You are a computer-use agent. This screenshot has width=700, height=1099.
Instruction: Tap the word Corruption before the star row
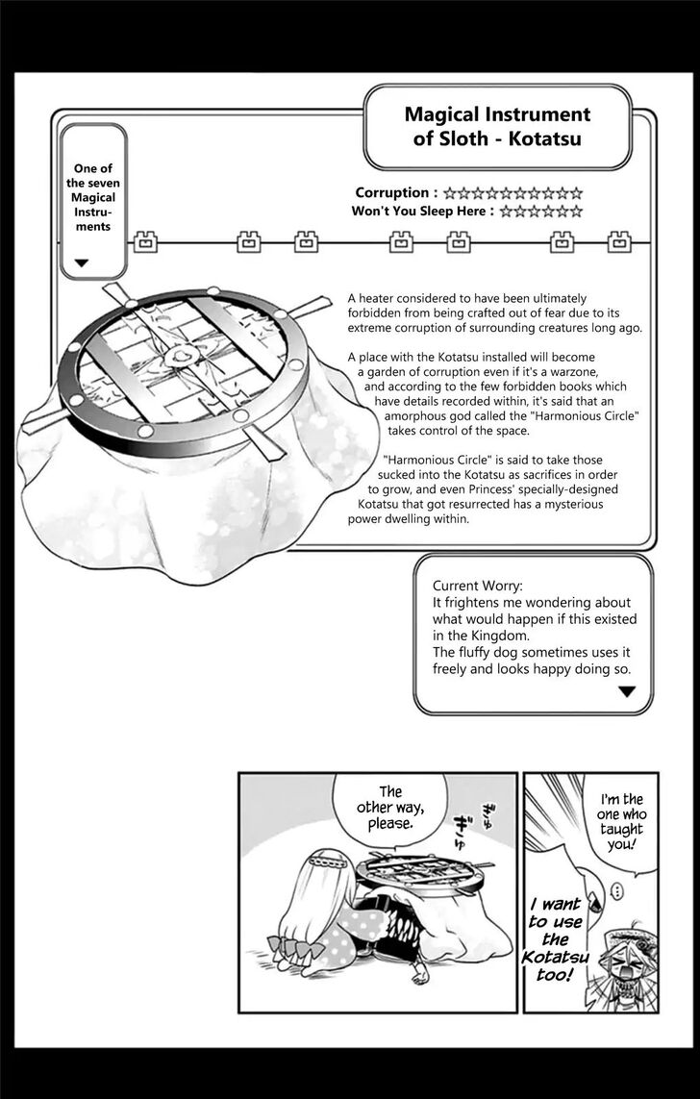391,192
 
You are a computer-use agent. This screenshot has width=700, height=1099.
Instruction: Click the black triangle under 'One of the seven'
82,262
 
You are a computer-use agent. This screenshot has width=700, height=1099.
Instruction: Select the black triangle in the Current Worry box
627,690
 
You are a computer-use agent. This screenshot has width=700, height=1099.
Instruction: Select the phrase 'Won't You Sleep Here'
423,211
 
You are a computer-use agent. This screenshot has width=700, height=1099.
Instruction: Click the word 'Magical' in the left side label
93,197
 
